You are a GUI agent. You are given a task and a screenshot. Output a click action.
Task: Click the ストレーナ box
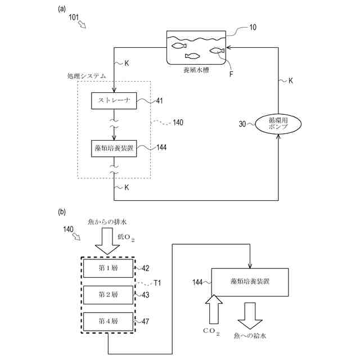114,101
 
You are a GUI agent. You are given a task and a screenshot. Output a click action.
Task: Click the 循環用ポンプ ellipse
278,124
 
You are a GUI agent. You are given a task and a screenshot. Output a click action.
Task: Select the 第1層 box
108,268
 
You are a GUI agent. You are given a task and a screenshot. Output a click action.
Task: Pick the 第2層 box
108,295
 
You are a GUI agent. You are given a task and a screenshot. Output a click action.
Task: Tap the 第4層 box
108,321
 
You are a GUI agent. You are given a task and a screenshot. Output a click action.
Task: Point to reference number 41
159,101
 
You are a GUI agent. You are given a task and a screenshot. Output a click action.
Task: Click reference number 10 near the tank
253,28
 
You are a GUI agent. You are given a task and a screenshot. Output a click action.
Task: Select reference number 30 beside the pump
242,124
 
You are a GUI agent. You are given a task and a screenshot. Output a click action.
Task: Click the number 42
146,268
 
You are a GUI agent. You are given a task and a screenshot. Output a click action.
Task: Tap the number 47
146,321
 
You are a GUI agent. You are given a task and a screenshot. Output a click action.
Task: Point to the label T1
157,282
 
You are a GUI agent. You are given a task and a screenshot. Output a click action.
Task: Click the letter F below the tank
231,74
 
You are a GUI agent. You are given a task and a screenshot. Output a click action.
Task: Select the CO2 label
211,331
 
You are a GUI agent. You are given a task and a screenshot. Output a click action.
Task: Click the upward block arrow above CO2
214,309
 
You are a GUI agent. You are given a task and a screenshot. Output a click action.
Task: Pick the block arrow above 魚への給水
250,316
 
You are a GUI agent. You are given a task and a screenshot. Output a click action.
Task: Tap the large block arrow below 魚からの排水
107,241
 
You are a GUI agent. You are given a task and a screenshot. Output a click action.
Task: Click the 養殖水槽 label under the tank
196,70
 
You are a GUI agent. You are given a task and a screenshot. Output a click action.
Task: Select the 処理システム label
87,76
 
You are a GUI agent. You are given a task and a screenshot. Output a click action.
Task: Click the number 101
74,17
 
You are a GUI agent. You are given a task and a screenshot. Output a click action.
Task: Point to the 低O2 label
126,237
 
